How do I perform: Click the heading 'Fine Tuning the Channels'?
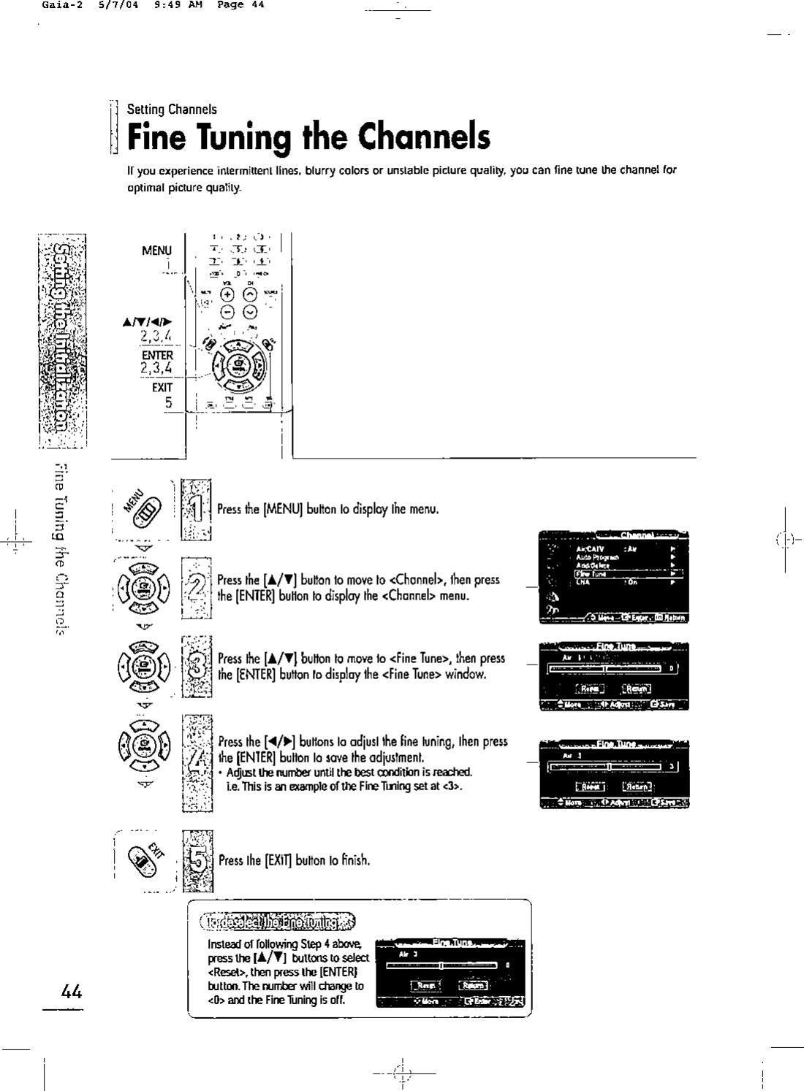308,137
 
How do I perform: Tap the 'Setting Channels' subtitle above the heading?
172,110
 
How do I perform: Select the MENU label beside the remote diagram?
157,250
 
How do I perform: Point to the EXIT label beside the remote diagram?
162,387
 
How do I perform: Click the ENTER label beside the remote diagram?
157,356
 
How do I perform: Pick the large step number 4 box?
196,762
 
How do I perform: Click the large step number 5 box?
197,860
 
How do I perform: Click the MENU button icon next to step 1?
141,507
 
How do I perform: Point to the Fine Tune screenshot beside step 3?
614,675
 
